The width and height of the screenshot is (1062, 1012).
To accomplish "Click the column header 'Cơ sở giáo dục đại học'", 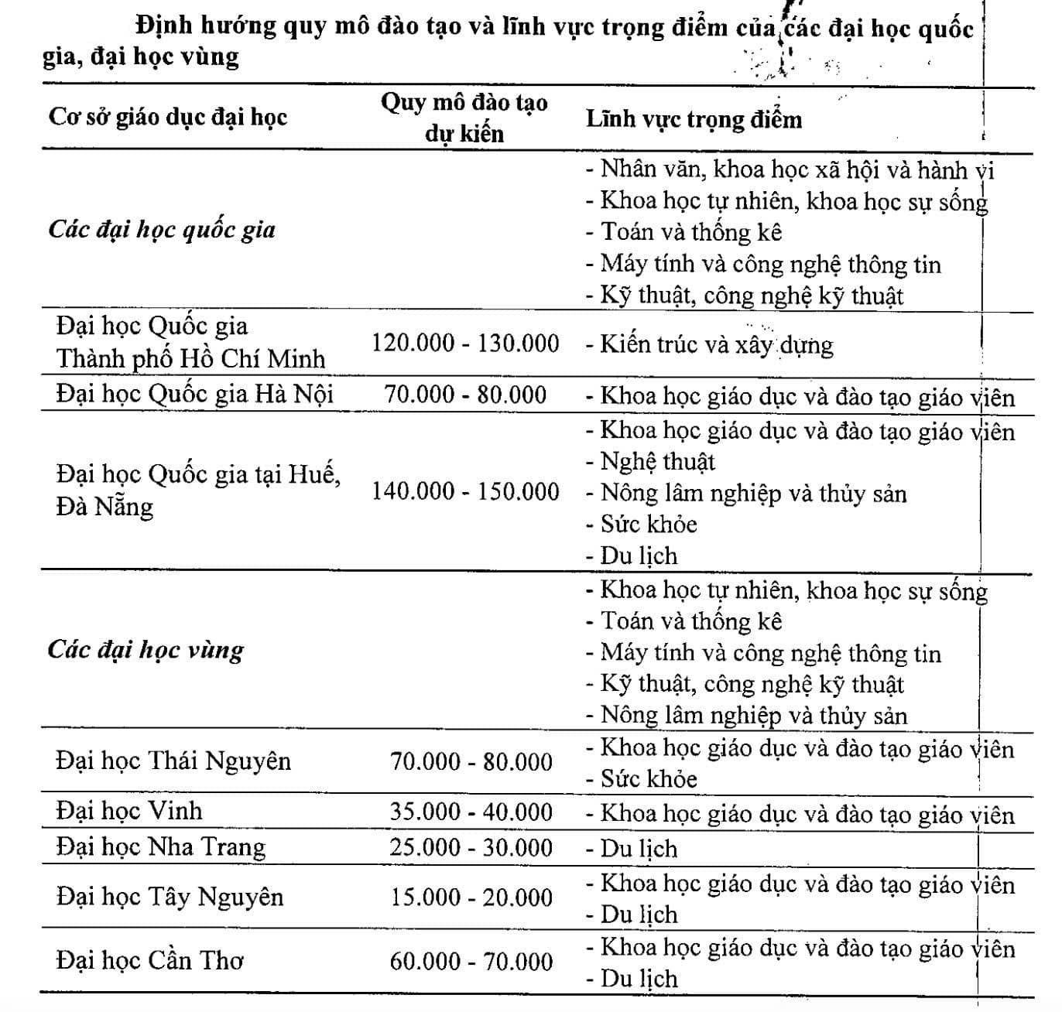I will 167,118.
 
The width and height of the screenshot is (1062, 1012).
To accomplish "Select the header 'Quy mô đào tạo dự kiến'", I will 464,118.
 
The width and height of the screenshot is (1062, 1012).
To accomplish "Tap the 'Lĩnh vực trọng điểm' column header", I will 694,119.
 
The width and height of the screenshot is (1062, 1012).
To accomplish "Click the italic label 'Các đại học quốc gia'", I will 162,230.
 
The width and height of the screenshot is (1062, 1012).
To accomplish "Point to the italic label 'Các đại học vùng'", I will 146,649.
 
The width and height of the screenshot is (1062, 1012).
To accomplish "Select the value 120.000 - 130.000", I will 465,343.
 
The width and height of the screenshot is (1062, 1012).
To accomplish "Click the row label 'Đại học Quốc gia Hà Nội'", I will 194,394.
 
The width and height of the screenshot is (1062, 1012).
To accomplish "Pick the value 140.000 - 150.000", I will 465,491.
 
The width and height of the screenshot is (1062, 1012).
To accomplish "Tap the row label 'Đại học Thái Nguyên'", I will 173,761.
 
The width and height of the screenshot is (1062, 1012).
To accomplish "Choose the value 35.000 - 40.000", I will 471,812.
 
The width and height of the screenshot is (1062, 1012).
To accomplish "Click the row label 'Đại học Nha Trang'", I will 160,846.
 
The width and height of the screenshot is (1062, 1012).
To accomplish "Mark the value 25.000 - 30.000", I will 471,846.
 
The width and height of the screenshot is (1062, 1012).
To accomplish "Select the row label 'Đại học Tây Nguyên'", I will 170,897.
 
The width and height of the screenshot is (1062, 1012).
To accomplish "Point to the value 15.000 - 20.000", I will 471,897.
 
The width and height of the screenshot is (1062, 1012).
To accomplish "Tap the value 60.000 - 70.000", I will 471,961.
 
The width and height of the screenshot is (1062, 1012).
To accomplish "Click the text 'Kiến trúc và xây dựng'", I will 715,344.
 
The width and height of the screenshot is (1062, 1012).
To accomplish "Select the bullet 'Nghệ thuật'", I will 656,462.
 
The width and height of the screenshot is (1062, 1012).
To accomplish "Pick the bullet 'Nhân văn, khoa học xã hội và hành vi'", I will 796,169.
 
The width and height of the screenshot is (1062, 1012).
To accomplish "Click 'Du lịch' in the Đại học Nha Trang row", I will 638,849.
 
